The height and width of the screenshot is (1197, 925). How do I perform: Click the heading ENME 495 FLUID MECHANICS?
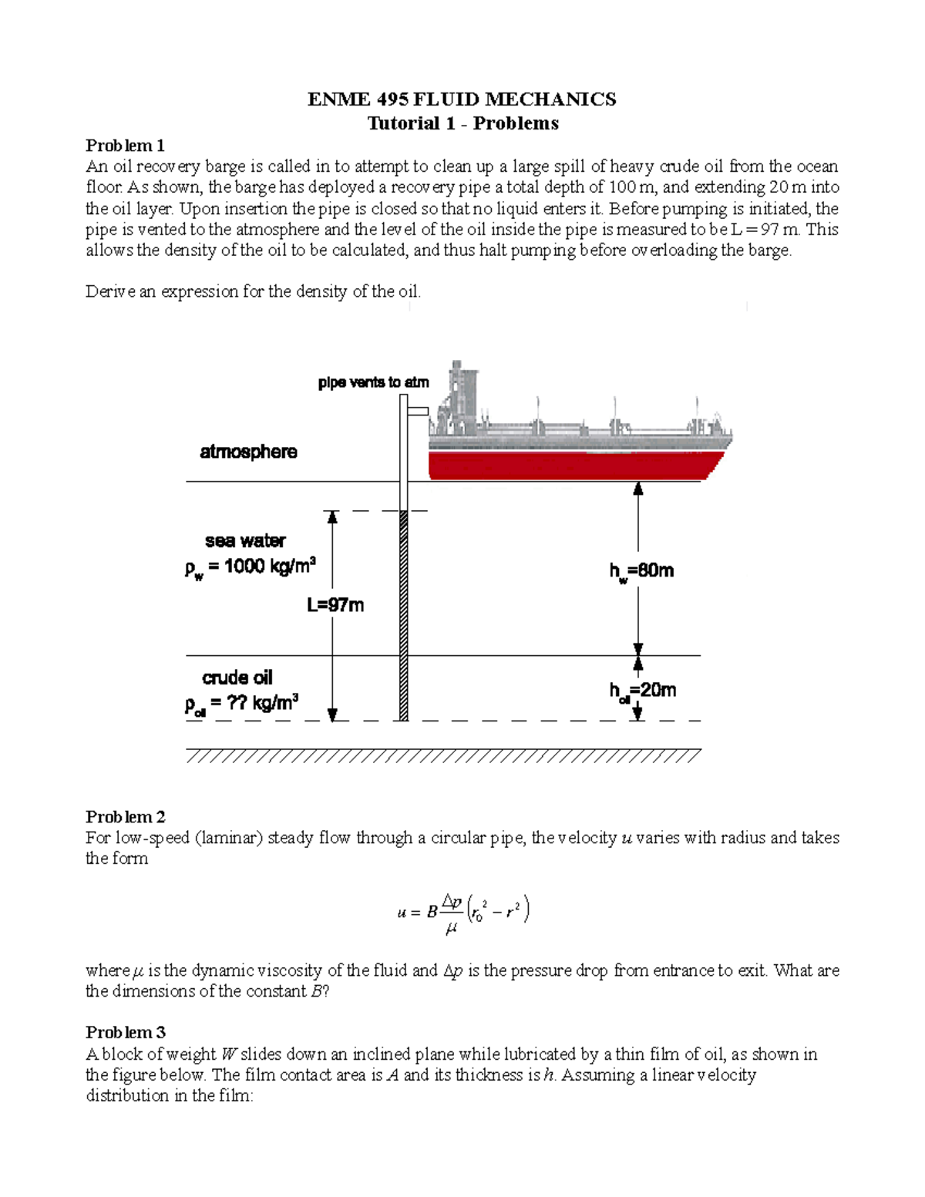click(x=462, y=99)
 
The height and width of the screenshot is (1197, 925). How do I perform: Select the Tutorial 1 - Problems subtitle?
click(x=462, y=123)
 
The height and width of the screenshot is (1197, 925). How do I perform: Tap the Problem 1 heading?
click(x=125, y=146)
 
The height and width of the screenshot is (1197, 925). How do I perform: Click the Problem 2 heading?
click(x=125, y=817)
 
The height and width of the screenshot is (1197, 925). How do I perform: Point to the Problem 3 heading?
click(x=125, y=1033)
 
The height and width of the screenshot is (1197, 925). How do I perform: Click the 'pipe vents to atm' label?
click(x=373, y=382)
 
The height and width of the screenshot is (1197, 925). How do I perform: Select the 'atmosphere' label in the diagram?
click(x=248, y=452)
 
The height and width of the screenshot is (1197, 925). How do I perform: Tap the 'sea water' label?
click(x=245, y=541)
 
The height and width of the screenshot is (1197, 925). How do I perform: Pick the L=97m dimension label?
click(x=335, y=605)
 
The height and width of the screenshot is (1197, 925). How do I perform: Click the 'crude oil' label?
click(x=237, y=678)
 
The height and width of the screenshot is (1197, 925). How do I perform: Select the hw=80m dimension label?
click(x=641, y=571)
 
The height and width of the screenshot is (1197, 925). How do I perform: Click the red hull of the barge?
click(x=574, y=466)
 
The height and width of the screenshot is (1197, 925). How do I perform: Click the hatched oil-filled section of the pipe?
click(x=403, y=617)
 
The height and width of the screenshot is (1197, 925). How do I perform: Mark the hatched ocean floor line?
click(x=443, y=755)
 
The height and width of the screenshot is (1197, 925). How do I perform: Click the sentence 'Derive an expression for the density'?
click(x=254, y=292)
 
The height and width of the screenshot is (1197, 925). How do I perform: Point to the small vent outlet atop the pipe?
click(x=418, y=410)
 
